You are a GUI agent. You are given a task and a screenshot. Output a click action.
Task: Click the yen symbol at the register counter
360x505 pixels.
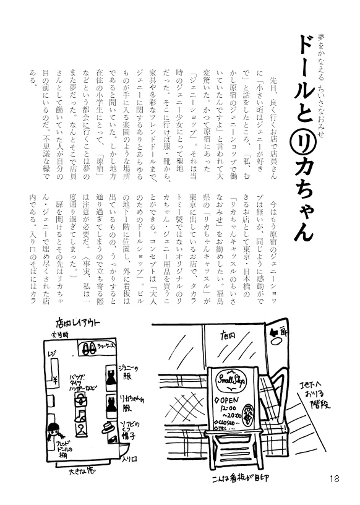(55, 379)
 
